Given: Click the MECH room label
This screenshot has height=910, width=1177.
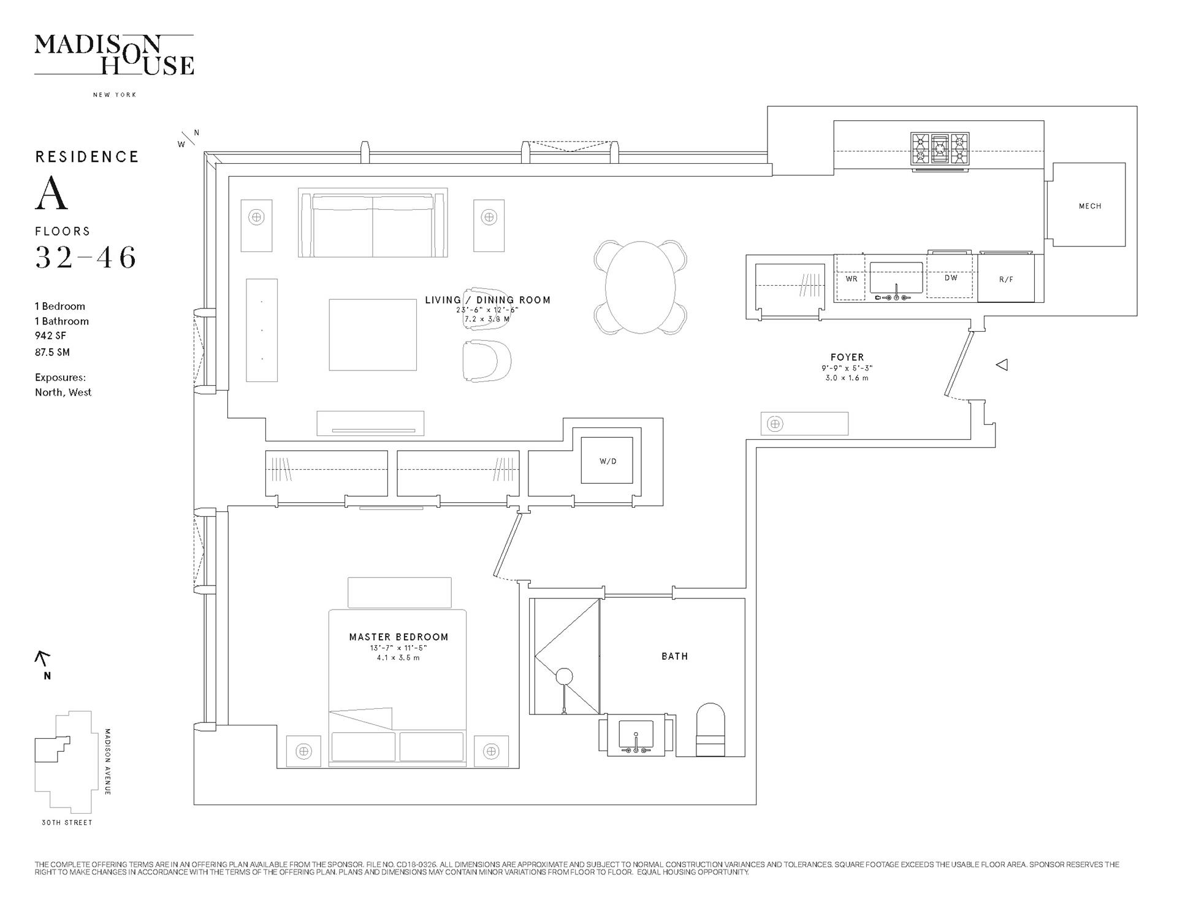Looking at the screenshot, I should click(1090, 206).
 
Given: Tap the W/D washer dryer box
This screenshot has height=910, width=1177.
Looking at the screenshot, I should click(607, 461).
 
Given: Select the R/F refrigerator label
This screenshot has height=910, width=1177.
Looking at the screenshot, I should click(1006, 280).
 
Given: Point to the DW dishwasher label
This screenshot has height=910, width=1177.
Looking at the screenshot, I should click(951, 278).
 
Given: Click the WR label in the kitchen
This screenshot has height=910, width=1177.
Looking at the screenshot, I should click(851, 279).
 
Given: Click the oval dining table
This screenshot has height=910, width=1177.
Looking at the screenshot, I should click(640, 287).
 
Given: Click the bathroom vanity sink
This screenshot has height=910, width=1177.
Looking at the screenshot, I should click(636, 735).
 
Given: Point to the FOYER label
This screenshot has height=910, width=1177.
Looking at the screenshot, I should click(847, 357).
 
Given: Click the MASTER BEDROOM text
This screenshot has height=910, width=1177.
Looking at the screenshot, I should click(398, 637).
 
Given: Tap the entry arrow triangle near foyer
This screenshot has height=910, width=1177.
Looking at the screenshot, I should click(1002, 365).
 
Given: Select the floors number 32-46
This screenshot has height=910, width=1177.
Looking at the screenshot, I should click(86, 258).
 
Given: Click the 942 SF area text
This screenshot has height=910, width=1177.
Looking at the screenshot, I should click(50, 335).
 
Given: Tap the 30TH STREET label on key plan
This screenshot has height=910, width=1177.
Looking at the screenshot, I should click(67, 822).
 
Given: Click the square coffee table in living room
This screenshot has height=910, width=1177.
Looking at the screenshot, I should click(372, 335).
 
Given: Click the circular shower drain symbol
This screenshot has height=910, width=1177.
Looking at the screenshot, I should click(564, 677).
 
